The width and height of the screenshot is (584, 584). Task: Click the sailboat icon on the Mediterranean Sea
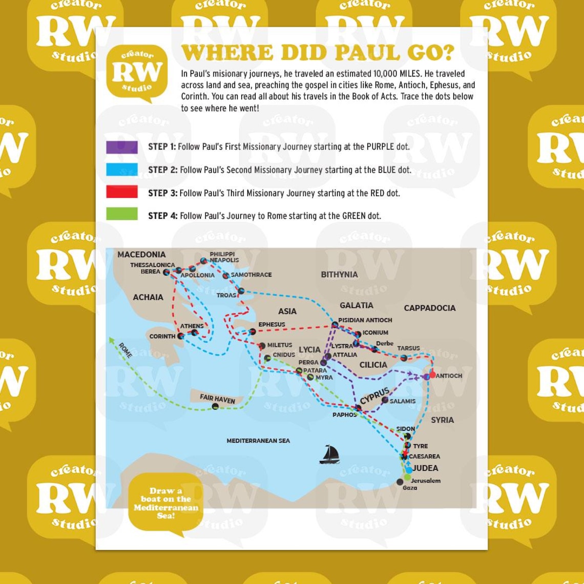329,454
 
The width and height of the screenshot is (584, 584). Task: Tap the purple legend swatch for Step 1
122,147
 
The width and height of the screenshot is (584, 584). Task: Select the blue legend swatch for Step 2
122,170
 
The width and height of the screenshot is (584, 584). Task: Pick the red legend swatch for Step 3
122,192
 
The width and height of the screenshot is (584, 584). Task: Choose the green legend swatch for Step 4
122,214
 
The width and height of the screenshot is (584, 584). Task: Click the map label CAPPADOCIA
429,308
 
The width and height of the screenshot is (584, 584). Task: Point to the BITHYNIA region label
339,275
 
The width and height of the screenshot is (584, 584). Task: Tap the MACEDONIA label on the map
141,255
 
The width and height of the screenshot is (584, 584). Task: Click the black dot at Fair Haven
215,406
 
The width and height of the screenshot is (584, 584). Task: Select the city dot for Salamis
385,400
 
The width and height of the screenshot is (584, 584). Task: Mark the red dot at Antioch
432,374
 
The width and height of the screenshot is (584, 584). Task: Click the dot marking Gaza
400,482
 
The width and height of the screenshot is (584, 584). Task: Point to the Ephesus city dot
252,332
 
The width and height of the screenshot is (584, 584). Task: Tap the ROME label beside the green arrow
125,350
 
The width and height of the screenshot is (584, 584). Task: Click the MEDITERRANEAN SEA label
258,441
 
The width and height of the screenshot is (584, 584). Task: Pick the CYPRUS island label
374,395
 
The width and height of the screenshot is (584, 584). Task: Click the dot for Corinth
180,337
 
